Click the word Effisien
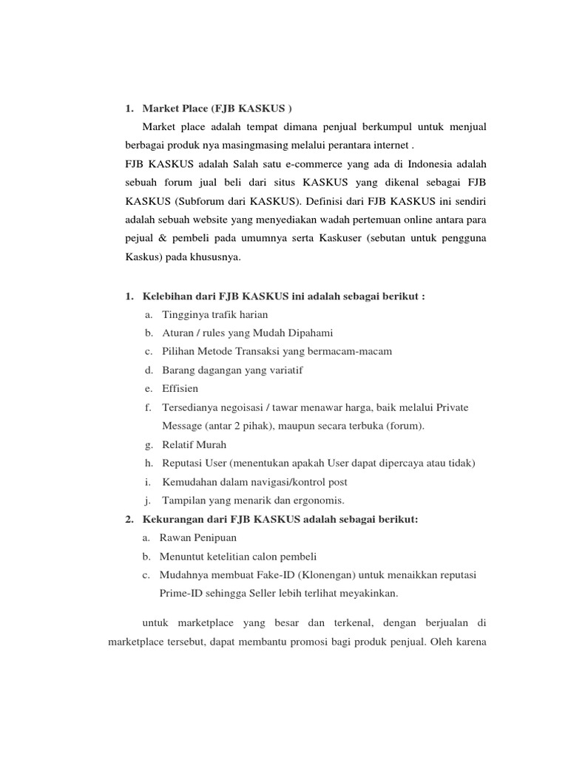pyautogui.click(x=180, y=388)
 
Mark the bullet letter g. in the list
pyautogui.click(x=149, y=444)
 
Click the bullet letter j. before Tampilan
pyautogui.click(x=149, y=500)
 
